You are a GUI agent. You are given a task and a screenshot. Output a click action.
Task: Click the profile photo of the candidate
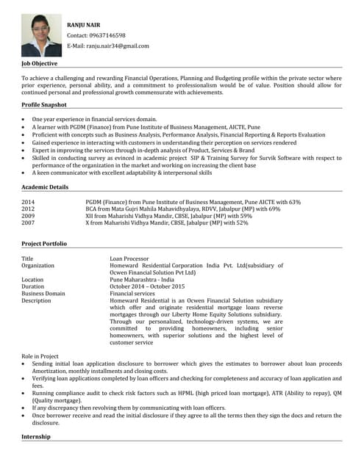click(x=41, y=35)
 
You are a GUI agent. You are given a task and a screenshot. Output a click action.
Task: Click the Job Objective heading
click(x=42, y=65)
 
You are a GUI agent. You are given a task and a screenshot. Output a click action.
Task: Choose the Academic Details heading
click(x=45, y=187)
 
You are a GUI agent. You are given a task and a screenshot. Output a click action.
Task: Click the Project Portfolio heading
click(x=44, y=243)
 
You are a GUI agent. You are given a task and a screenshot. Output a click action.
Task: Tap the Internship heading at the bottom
click(x=36, y=436)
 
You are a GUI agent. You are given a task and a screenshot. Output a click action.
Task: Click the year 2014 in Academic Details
click(x=28, y=202)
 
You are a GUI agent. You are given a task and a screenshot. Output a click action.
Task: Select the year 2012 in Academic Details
click(x=28, y=209)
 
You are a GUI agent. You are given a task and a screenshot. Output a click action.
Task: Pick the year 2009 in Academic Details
click(x=28, y=216)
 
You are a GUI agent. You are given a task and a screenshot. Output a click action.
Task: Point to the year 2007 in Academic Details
click(x=28, y=223)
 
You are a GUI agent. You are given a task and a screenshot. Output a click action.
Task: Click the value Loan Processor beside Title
click(x=130, y=259)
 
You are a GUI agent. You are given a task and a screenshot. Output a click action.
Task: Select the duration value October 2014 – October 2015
click(x=147, y=286)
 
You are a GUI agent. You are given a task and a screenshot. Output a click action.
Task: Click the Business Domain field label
click(x=43, y=293)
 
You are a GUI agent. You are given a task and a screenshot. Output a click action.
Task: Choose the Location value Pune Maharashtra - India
click(x=142, y=280)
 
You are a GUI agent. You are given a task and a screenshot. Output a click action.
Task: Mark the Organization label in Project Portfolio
click(x=38, y=266)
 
